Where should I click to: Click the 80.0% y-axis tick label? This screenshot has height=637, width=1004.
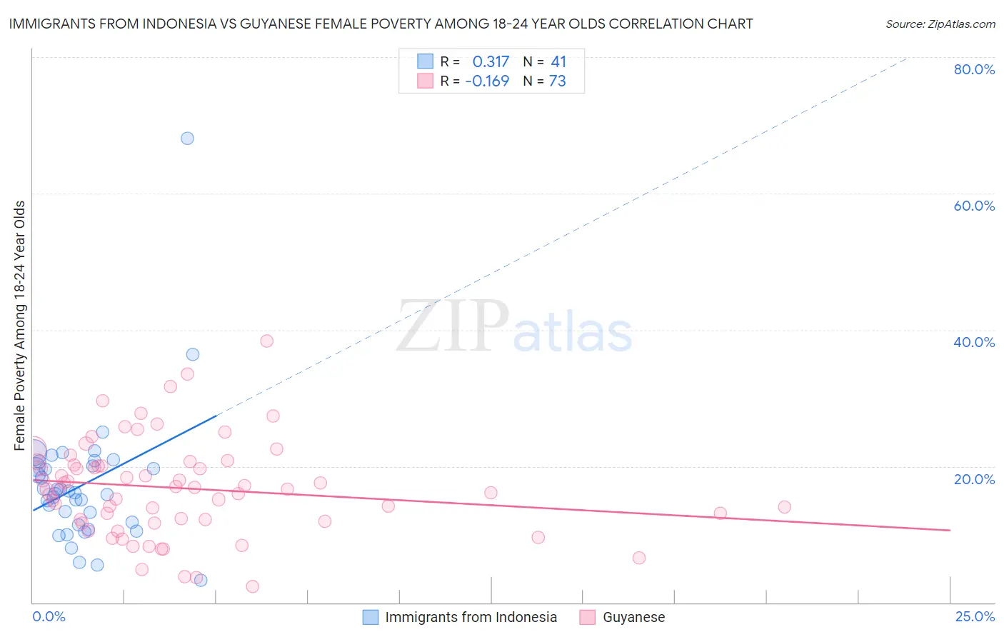[x=974, y=69]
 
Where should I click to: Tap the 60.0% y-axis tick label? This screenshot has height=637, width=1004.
[x=974, y=206]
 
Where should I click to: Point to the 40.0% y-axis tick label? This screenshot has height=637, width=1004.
[x=974, y=342]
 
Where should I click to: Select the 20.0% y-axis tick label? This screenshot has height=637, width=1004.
[x=974, y=478]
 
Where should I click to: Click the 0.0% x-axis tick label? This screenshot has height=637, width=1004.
[x=49, y=616]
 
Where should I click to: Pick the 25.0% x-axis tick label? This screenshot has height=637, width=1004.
[x=975, y=616]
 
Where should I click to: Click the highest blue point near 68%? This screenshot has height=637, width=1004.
[x=187, y=139]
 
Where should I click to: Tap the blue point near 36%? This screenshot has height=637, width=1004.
[x=193, y=354]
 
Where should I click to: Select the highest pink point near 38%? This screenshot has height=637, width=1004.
[x=266, y=341]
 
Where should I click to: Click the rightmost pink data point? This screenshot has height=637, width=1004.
[x=784, y=507]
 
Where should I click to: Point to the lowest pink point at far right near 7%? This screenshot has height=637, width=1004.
[x=639, y=558]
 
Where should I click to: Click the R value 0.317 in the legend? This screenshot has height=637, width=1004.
[x=491, y=62]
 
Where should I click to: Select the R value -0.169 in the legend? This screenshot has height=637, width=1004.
[x=487, y=81]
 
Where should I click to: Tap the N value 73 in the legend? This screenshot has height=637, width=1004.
[x=557, y=81]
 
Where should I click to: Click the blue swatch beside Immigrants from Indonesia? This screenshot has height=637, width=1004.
[x=370, y=617]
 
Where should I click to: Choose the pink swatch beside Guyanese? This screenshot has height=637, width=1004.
[x=587, y=617]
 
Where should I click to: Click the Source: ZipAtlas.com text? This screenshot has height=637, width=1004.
[x=940, y=24]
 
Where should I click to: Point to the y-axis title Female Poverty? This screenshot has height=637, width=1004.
[x=19, y=326]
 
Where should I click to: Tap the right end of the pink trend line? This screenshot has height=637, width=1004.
[x=950, y=530]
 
